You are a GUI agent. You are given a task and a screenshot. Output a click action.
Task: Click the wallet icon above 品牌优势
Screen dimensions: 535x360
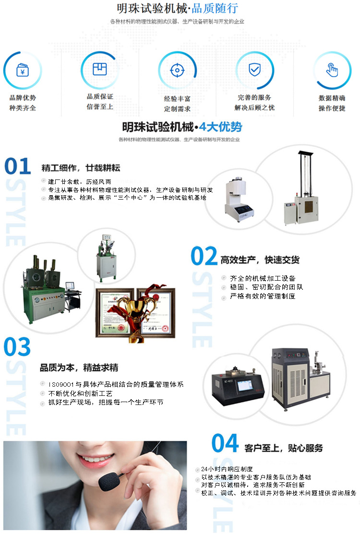[22, 70]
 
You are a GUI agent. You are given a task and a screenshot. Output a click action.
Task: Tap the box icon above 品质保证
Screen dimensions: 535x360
[99, 69]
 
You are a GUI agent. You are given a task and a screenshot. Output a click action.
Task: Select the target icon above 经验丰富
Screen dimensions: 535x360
[177, 71]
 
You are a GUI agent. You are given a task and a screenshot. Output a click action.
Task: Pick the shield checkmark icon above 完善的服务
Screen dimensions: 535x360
[254, 70]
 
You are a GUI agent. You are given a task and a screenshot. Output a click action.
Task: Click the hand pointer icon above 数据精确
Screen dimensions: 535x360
[332, 70]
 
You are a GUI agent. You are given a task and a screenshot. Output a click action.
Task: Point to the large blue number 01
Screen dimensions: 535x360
[18, 166]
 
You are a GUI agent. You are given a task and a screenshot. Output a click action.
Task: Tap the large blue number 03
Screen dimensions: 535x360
[17, 347]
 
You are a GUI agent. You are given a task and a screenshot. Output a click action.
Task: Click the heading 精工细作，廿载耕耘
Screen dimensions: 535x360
[81, 168]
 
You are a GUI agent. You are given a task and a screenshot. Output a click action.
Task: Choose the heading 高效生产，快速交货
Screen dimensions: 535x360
[260, 260]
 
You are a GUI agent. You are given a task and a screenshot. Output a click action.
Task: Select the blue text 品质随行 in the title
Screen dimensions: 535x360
[215, 9]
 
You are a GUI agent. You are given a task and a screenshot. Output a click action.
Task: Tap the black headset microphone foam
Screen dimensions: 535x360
[107, 480]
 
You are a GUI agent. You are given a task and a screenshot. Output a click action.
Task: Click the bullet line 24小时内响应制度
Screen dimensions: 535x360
[227, 469]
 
